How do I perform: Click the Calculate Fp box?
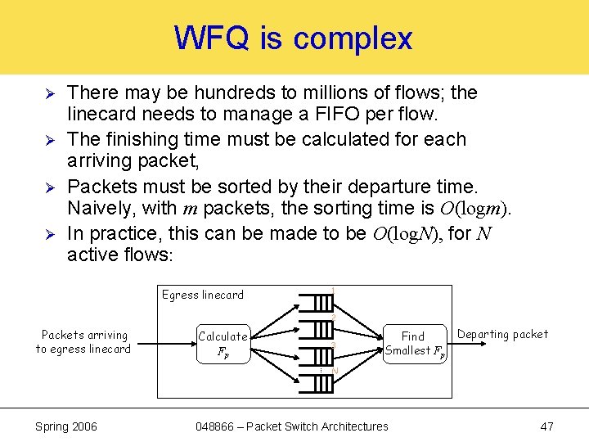[223, 345]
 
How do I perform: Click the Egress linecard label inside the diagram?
[202, 295]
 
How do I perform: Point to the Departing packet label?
[502, 334]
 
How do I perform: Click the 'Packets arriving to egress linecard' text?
[83, 342]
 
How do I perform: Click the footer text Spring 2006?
[66, 426]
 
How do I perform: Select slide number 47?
[547, 426]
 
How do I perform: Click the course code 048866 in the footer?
[217, 426]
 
